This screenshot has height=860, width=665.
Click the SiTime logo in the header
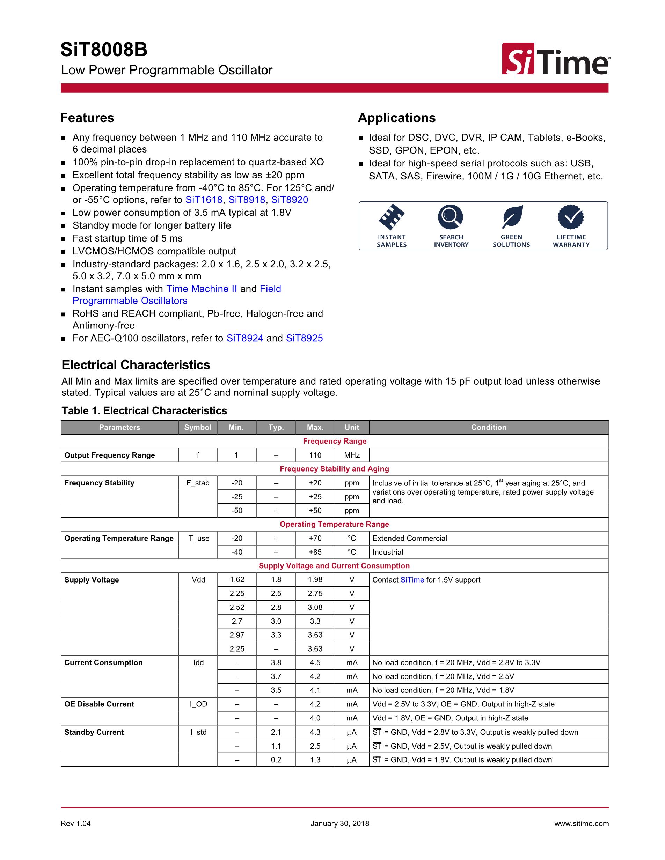555,59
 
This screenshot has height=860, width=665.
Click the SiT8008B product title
104,50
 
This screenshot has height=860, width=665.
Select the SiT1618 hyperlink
204,200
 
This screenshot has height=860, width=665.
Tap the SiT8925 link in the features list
304,338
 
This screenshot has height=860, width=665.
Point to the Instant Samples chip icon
392,217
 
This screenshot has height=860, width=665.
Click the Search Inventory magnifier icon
450,217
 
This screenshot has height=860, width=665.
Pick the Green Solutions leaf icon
512,217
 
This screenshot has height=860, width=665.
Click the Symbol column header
198,427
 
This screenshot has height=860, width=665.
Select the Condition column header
489,427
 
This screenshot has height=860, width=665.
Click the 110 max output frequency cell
315,455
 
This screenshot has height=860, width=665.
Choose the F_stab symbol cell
198,483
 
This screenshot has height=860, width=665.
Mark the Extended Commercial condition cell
410,538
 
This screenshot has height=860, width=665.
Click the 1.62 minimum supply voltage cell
237,580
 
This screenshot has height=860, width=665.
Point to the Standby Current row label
94,732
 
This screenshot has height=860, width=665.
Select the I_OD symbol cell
198,704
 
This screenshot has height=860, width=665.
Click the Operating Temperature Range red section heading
334,524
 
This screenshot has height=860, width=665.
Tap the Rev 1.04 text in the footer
76,823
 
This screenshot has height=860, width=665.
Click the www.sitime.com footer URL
581,823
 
